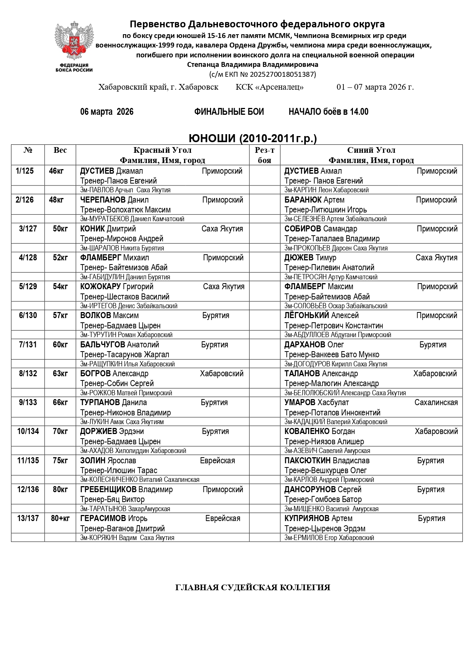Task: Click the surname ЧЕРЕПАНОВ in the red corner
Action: (x=103, y=200)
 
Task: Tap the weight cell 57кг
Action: (x=60, y=315)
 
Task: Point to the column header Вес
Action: (x=60, y=150)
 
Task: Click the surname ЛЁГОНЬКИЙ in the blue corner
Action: (x=307, y=315)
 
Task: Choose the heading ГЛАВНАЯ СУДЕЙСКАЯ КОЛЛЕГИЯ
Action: (x=253, y=588)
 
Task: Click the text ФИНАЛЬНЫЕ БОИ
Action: (x=229, y=112)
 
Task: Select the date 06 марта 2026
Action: (x=107, y=112)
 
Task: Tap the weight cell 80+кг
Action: (x=60, y=518)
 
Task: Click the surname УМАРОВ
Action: (x=300, y=402)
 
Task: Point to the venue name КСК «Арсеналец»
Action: (x=270, y=87)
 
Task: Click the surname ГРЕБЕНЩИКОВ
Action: (x=108, y=490)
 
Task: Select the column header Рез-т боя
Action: (x=264, y=155)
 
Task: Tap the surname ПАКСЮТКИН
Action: (x=307, y=461)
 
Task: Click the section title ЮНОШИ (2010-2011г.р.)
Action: (x=253, y=138)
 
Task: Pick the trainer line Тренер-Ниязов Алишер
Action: (x=324, y=442)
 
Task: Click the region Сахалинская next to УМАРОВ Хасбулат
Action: (x=436, y=402)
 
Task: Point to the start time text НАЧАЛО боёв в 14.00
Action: (x=328, y=112)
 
